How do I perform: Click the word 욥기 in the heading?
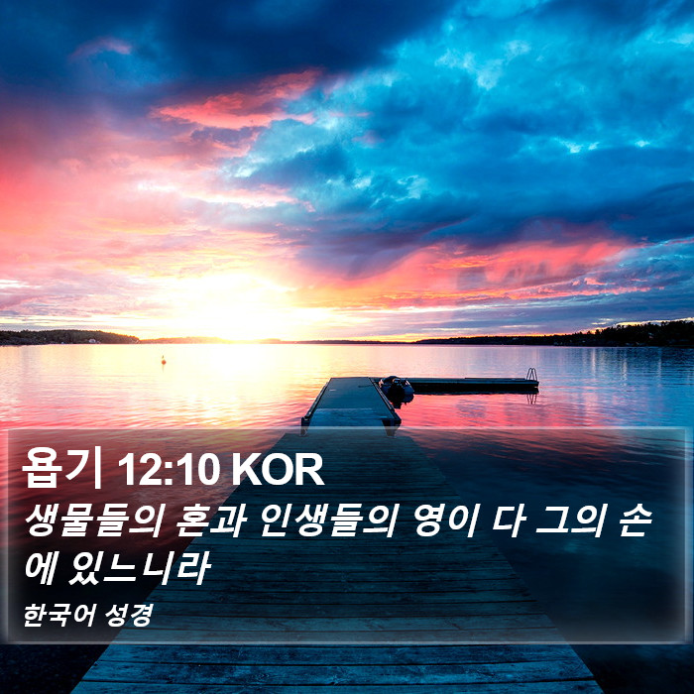click(x=61, y=468)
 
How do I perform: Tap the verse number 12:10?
click(x=170, y=470)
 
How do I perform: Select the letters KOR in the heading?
click(x=278, y=470)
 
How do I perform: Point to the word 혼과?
click(x=211, y=520)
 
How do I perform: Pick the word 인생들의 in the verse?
click(x=329, y=520)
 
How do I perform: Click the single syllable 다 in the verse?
click(x=509, y=520)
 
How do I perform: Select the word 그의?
click(x=570, y=520)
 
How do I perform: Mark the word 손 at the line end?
click(x=636, y=520)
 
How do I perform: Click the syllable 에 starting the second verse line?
click(x=41, y=568)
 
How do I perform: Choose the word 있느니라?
click(x=140, y=568)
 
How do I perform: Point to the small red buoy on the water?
click(x=164, y=360)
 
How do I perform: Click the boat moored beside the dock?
click(x=397, y=390)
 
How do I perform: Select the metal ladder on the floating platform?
click(x=532, y=375)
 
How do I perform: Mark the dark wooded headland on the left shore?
click(x=68, y=337)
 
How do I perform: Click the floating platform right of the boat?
click(x=474, y=385)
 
